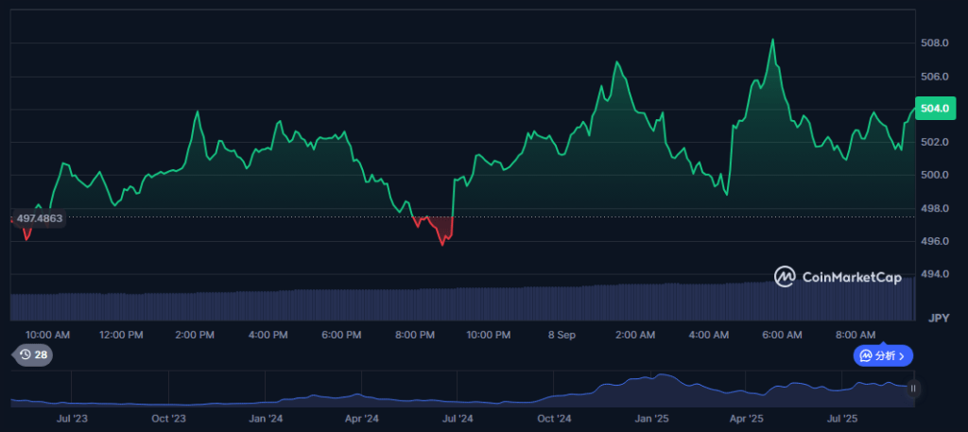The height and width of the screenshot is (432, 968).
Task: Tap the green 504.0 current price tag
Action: point(935,109)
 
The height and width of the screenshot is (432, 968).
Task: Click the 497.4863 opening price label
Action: point(39,218)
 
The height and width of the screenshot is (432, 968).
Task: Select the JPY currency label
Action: point(939,318)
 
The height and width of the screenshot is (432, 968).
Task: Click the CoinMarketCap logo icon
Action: point(785,277)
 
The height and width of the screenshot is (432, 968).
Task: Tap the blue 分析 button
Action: point(883,355)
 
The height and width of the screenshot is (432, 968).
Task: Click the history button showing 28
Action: point(33,354)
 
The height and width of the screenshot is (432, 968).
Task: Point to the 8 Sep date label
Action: point(562,336)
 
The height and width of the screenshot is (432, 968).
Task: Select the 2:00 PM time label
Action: point(195,336)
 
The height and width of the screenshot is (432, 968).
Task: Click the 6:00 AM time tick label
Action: point(782,336)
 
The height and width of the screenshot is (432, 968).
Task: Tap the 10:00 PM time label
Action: point(488,336)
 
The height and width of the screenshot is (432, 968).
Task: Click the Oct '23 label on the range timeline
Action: point(168,419)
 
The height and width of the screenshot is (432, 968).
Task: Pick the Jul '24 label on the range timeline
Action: point(458,419)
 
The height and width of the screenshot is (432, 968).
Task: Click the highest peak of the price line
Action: point(772,40)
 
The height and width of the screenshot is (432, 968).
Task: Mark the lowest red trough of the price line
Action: point(442,245)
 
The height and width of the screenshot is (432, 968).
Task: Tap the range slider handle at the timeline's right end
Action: point(913,389)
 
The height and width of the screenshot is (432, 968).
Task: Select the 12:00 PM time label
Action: point(121,336)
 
